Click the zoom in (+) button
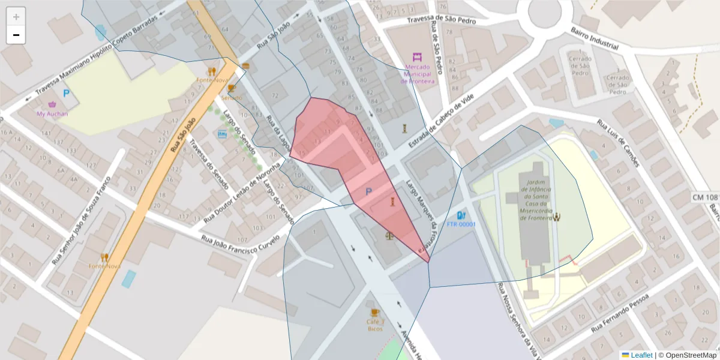pos(16,16)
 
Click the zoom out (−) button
pos(16,35)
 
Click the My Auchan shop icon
pos(52,105)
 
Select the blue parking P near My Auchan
pos(66,94)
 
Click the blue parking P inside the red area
pos(368,191)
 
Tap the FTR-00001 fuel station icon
pos(460,215)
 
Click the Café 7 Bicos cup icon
pos(375,313)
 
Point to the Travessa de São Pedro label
pos(441,20)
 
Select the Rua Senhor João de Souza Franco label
pos(82,220)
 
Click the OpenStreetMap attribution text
pos(691,355)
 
